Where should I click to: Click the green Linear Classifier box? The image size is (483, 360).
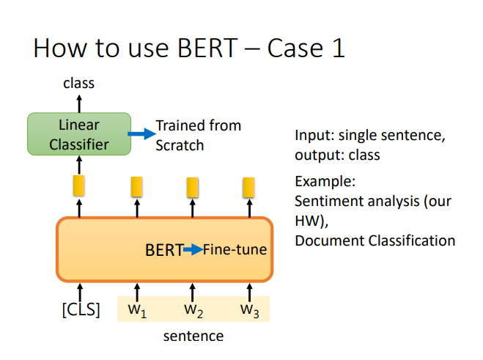(x=79, y=134)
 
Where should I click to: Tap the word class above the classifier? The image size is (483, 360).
(x=79, y=84)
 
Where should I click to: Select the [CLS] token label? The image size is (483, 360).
(x=81, y=309)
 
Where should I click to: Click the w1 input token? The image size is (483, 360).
(x=137, y=311)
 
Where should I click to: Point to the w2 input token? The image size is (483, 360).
(x=193, y=311)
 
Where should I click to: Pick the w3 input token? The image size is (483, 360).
(x=250, y=311)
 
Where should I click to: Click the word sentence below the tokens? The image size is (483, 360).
(x=193, y=336)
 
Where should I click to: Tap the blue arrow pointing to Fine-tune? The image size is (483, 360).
(x=193, y=249)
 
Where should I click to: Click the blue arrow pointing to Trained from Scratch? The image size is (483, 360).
(x=141, y=133)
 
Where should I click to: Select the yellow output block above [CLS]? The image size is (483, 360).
(x=79, y=185)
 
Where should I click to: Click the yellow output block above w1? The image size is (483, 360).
(x=137, y=186)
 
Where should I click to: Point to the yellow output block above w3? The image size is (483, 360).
(x=248, y=187)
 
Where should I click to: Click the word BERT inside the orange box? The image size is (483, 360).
(x=164, y=250)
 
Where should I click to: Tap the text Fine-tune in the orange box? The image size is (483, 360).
(x=235, y=249)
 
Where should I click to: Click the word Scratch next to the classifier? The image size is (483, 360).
(x=180, y=145)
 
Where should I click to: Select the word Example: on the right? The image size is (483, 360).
(x=325, y=181)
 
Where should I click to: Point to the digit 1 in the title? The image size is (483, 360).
(x=339, y=48)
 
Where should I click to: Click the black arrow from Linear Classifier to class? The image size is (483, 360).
(x=79, y=104)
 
